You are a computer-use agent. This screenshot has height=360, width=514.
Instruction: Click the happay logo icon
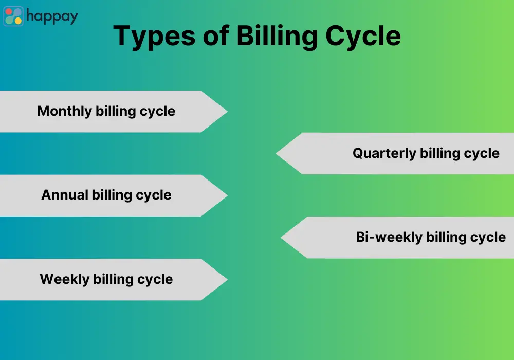click(x=13, y=16)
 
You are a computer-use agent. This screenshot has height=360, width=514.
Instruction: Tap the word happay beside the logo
click(x=52, y=16)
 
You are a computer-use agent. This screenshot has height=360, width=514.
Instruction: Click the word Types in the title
click(x=154, y=37)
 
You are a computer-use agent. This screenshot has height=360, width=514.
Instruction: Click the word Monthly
click(x=65, y=111)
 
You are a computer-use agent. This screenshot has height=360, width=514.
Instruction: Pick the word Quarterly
click(x=384, y=153)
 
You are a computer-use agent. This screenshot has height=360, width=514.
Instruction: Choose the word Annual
click(x=65, y=195)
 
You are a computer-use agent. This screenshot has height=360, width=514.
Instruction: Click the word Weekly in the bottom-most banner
click(x=65, y=279)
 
